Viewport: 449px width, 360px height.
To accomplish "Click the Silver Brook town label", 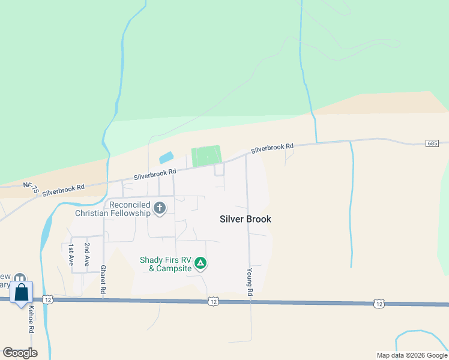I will (246, 219).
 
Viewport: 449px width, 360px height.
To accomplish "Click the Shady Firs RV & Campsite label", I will (165, 264).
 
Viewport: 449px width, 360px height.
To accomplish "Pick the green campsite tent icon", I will (200, 263).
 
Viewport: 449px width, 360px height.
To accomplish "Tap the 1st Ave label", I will (71, 255).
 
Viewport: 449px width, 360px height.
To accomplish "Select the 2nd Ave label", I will (87, 255).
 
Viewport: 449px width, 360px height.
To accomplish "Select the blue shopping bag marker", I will (22, 293).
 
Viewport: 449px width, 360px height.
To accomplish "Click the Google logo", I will (20, 352).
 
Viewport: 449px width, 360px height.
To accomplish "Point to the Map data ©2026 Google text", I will (411, 355).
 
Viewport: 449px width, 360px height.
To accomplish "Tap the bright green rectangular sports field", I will (206, 155).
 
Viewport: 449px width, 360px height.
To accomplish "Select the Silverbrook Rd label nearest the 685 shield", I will (273, 146).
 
